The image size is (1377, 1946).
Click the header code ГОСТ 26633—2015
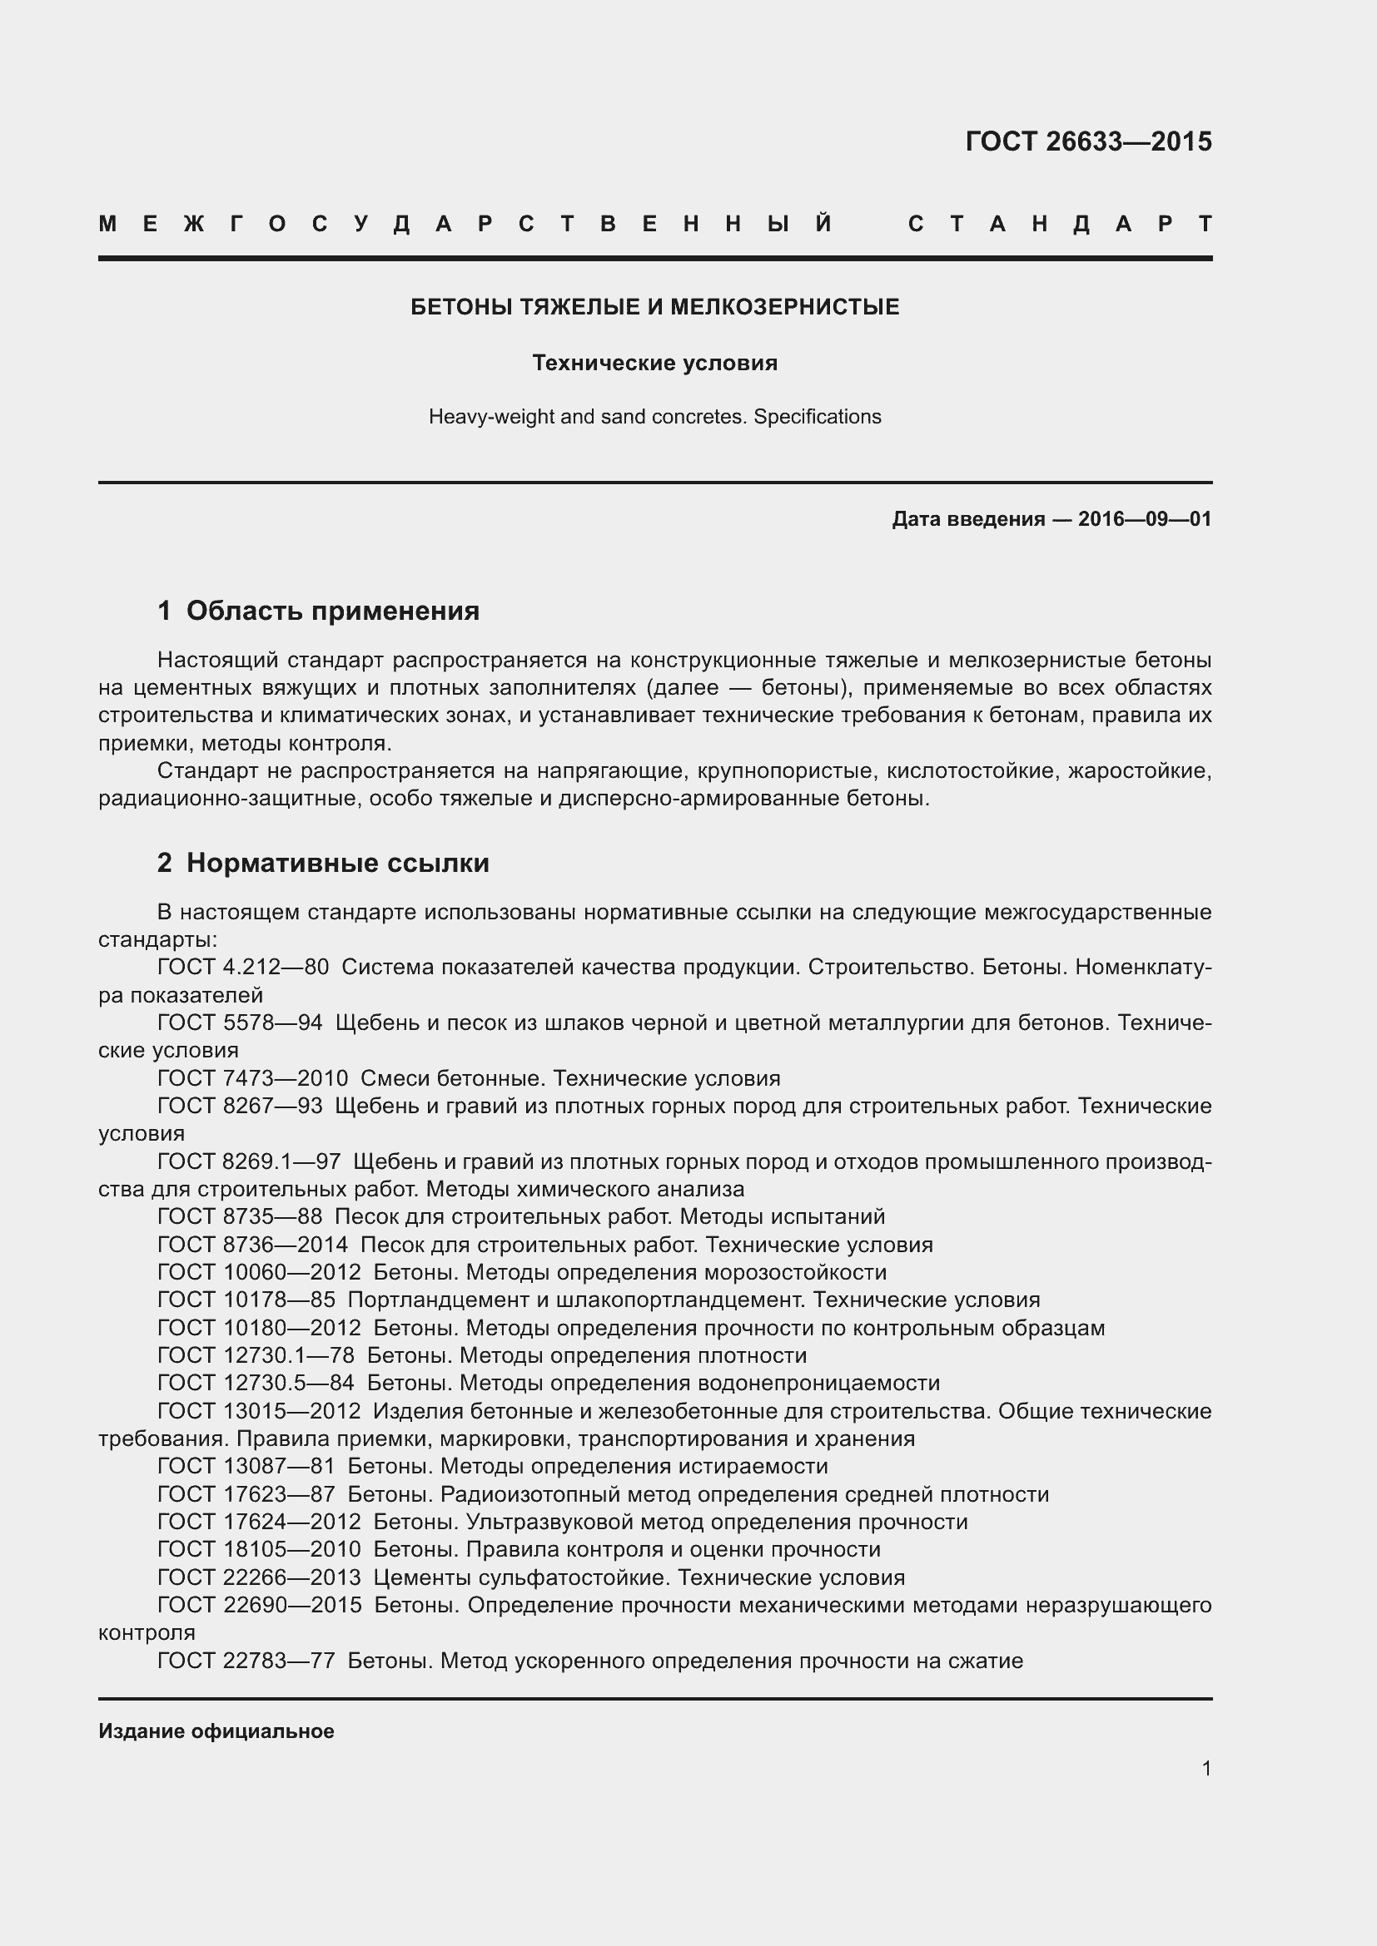(x=1088, y=141)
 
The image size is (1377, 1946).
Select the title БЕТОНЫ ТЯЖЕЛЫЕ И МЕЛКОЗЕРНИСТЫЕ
(x=654, y=307)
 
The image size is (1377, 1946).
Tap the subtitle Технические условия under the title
(x=654, y=363)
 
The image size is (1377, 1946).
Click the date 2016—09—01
(x=1144, y=518)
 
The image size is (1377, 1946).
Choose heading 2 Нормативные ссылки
(x=323, y=863)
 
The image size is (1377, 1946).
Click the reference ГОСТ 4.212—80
(x=243, y=967)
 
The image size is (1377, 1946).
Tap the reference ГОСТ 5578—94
(x=240, y=1023)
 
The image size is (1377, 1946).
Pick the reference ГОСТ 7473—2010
(x=253, y=1078)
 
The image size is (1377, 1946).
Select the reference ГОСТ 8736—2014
(x=253, y=1244)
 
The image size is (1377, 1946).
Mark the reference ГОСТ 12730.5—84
(x=256, y=1383)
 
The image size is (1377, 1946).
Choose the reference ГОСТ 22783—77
(x=246, y=1661)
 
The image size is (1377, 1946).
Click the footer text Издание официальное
(x=216, y=1731)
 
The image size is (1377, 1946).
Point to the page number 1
(x=1206, y=1768)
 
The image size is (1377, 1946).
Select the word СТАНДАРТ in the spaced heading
(x=1060, y=225)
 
